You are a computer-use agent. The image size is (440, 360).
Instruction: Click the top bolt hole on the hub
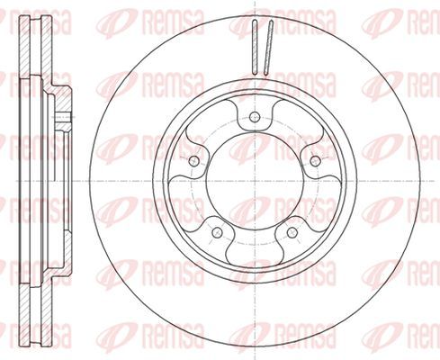[x=255, y=116]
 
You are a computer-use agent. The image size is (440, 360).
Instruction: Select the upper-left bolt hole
[x=194, y=161]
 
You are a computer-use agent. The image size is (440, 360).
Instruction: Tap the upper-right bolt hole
[x=315, y=161]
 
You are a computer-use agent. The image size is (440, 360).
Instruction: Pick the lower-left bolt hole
[x=217, y=231]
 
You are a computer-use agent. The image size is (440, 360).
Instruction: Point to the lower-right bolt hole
[x=292, y=231]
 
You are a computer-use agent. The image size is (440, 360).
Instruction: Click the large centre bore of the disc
[x=255, y=181]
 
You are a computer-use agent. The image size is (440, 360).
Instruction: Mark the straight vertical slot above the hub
[x=255, y=47]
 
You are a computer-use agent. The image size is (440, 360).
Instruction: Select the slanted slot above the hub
[x=269, y=47]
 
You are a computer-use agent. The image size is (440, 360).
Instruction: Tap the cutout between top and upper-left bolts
[x=210, y=120]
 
